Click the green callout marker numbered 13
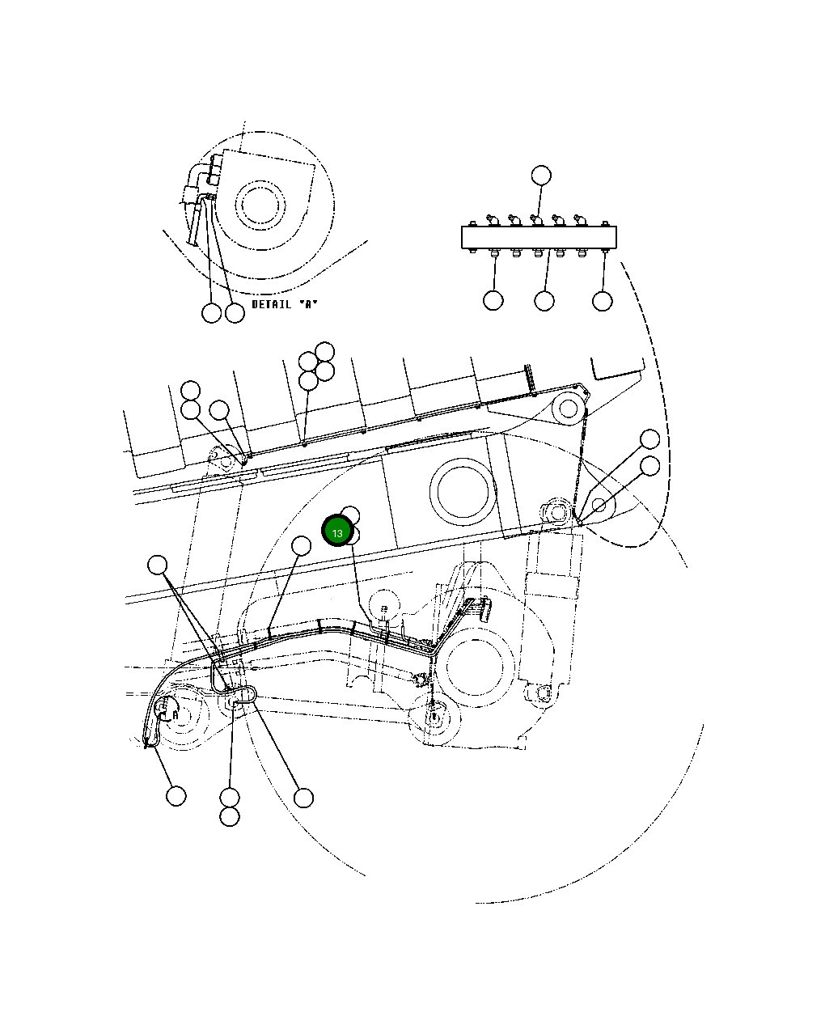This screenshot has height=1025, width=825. (x=337, y=532)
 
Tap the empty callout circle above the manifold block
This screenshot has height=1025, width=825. (x=541, y=175)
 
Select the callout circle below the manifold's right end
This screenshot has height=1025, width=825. (x=603, y=301)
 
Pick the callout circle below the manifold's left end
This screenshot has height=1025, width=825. (x=493, y=300)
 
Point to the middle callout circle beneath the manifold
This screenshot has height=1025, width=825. (x=544, y=301)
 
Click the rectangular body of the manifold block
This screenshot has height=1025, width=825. (x=539, y=237)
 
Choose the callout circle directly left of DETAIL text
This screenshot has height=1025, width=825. (x=235, y=313)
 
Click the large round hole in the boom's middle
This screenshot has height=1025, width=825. (x=463, y=490)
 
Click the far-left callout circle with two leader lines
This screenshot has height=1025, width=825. (x=158, y=565)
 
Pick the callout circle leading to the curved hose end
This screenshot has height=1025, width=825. (x=176, y=796)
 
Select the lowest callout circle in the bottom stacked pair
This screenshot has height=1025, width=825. (x=230, y=817)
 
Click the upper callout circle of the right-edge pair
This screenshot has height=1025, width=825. (x=650, y=439)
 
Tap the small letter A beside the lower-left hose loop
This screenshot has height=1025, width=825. (x=175, y=714)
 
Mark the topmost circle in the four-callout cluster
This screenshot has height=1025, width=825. (x=324, y=351)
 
